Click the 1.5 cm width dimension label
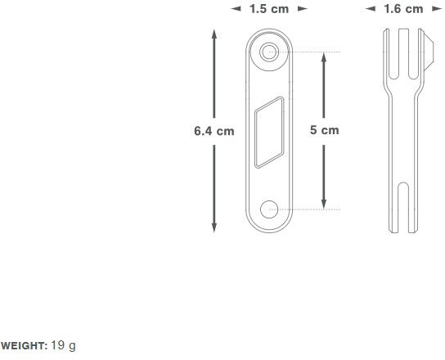[x=268, y=9]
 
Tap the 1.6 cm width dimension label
[x=404, y=9]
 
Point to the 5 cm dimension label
[x=324, y=130]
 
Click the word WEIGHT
[x=24, y=346]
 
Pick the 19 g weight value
[x=63, y=346]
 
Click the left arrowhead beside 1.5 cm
[x=236, y=9]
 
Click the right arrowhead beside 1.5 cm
[x=302, y=9]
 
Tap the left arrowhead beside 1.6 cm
[x=370, y=9]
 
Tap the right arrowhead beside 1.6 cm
[x=438, y=9]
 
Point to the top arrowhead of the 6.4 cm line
[x=214, y=34]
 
